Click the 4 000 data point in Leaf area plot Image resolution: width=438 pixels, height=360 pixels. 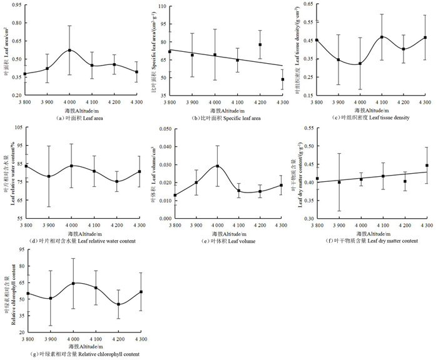click(x=70, y=50)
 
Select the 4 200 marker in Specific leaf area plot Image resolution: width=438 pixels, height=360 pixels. click(x=260, y=44)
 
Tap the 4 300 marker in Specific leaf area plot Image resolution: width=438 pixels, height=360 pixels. click(x=283, y=79)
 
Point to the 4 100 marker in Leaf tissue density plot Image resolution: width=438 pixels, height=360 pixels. click(x=382, y=37)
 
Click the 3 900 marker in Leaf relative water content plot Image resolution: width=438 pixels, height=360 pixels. click(x=48, y=176)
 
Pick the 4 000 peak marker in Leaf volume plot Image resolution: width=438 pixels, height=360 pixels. click(x=217, y=166)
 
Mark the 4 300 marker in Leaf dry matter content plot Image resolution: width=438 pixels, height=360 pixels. click(x=427, y=166)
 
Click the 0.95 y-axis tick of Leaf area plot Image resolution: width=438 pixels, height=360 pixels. click(x=15, y=6)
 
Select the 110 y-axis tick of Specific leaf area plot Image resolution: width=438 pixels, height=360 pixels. click(x=161, y=6)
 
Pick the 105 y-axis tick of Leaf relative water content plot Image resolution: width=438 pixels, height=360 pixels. click(x=16, y=127)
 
